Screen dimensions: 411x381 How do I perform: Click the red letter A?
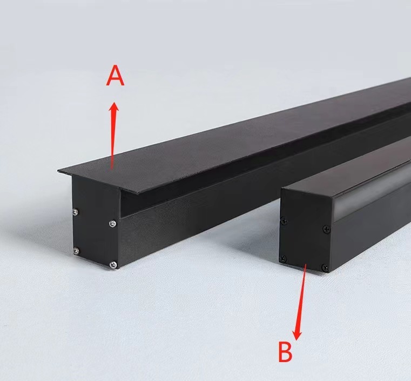[x=115, y=76]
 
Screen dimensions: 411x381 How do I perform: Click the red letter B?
[x=285, y=352]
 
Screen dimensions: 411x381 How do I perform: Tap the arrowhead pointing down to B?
[x=297, y=335]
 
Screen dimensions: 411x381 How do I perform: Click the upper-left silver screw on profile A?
[x=76, y=212]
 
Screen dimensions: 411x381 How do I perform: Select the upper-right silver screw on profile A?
[x=113, y=224]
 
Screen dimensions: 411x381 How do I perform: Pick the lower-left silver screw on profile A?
[x=76, y=251]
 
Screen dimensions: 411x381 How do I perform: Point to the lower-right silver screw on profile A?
[x=113, y=265]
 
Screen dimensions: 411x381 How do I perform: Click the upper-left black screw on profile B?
[x=284, y=222]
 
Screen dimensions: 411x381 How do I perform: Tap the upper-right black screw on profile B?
[x=327, y=230]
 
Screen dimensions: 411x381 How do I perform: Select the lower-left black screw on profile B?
[x=283, y=259]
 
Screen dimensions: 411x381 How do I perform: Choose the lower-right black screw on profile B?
[x=325, y=268]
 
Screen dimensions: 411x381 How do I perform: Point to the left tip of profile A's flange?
[x=58, y=171]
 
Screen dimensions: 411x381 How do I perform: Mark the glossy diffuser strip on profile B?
[x=372, y=196]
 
